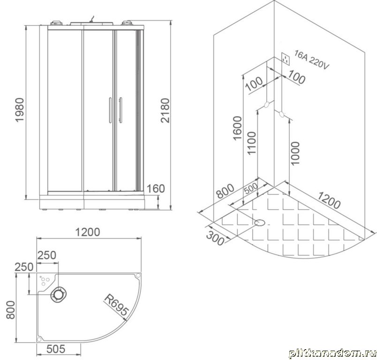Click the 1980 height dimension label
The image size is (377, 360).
point(20,110)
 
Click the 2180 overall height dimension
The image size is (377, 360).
point(166,111)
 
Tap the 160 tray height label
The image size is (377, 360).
point(156,188)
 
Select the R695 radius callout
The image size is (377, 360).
point(116,305)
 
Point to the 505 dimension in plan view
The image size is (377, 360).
point(56,349)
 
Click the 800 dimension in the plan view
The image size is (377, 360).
point(11,310)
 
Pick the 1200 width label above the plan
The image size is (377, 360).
point(88,232)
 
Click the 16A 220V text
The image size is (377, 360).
point(312,60)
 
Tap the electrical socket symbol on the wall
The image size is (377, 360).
point(286,59)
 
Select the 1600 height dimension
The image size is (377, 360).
point(237,128)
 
